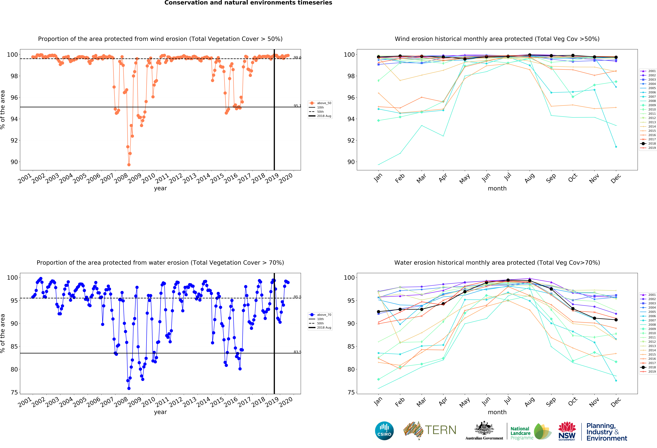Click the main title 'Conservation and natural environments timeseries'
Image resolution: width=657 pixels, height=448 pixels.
[248, 3]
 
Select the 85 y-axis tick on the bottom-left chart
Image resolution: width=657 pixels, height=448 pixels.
[14, 346]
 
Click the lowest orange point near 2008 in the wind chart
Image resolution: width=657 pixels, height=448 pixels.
[129, 165]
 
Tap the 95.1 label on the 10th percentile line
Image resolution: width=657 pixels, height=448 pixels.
[297, 106]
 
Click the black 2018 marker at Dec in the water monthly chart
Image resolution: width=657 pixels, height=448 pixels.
[616, 320]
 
